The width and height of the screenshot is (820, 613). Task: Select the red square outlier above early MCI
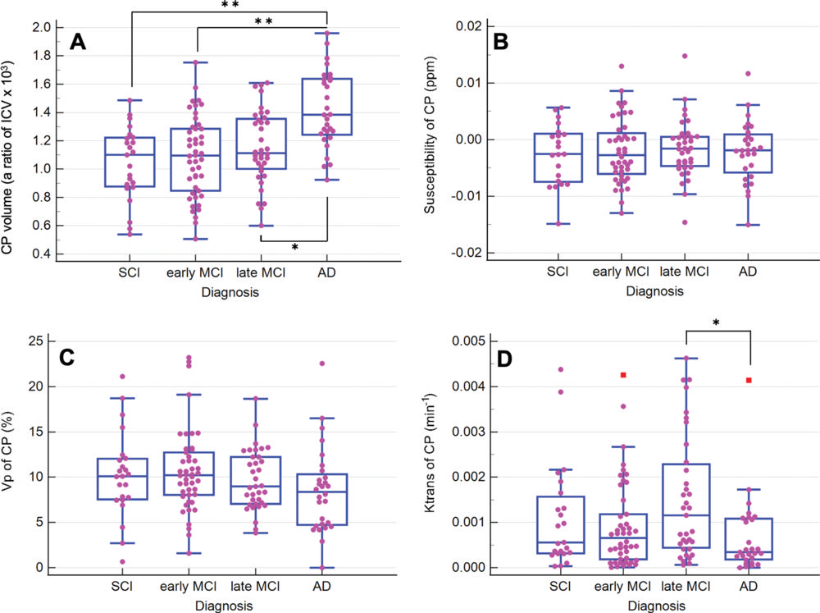click(623, 375)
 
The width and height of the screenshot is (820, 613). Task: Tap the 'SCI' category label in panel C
click(121, 588)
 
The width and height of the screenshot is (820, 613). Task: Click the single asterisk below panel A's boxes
click(294, 247)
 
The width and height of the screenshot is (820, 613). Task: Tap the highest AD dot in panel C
click(322, 363)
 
